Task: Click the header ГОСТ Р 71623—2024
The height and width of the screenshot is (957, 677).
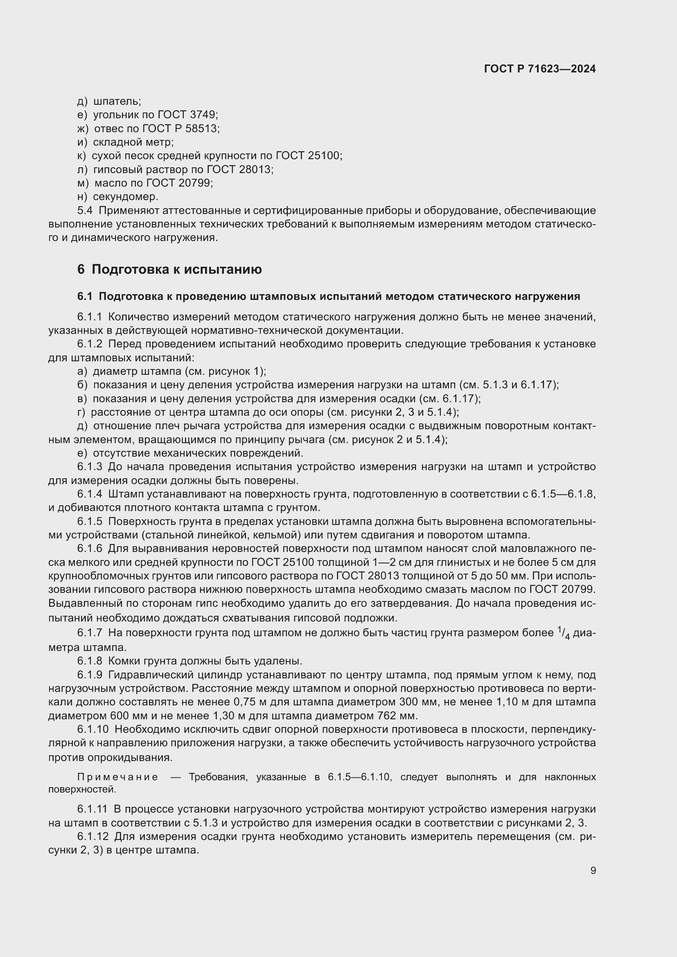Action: pyautogui.click(x=540, y=69)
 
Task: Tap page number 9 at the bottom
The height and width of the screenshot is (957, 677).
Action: pyautogui.click(x=593, y=870)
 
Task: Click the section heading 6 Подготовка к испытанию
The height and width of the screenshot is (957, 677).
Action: pyautogui.click(x=169, y=270)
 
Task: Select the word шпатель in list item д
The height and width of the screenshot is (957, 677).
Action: pyautogui.click(x=117, y=101)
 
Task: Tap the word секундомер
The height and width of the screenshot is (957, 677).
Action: pyautogui.click(x=125, y=196)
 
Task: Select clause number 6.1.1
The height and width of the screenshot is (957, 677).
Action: pyautogui.click(x=89, y=317)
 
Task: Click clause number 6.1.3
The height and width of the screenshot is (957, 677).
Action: pyautogui.click(x=89, y=467)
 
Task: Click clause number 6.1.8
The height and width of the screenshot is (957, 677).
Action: pyautogui.click(x=89, y=661)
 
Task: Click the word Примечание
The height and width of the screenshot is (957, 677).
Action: pyautogui.click(x=117, y=777)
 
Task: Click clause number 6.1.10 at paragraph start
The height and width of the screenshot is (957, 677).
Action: pyautogui.click(x=93, y=730)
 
